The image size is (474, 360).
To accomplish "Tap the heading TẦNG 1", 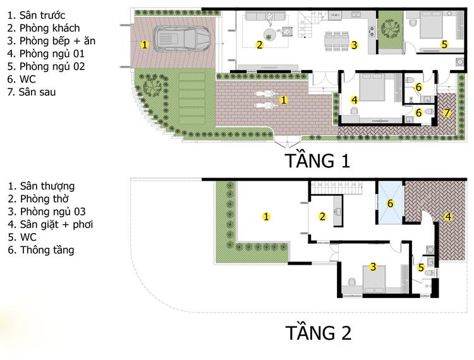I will [317, 160].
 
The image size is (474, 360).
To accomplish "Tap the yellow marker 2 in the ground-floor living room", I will [259, 44].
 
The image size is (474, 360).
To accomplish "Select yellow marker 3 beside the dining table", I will [355, 44].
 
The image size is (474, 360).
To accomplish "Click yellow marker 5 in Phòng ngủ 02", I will [444, 44].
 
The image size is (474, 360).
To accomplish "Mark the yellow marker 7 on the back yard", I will [447, 112].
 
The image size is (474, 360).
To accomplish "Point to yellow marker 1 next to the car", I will [145, 44].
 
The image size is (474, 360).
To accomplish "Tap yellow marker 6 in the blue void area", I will [390, 203].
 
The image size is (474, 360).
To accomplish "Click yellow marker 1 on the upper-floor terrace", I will [267, 217].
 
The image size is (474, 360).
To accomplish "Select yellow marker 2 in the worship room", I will [322, 217].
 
